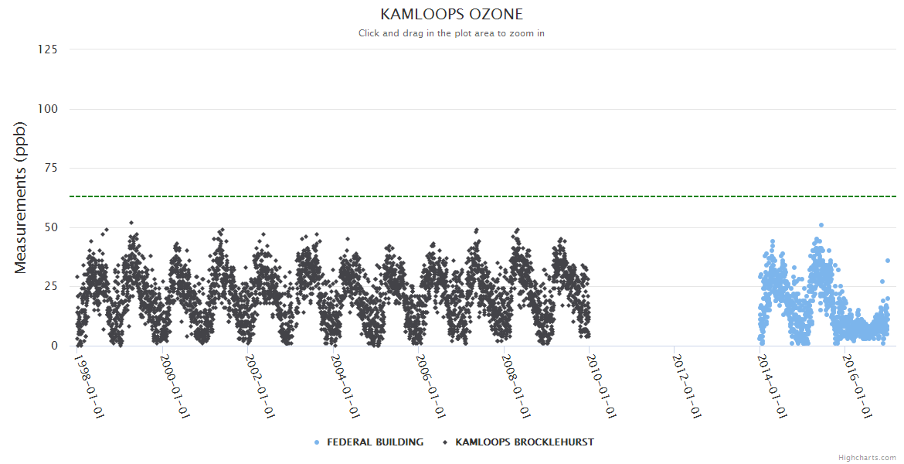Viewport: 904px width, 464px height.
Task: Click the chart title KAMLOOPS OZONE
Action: (x=452, y=14)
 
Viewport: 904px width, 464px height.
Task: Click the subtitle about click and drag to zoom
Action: (x=452, y=33)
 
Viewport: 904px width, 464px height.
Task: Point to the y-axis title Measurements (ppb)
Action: (x=21, y=197)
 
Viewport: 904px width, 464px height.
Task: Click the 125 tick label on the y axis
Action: (x=47, y=49)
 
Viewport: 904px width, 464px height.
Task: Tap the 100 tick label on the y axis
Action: (x=47, y=109)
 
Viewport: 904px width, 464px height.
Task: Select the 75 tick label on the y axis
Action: (x=50, y=168)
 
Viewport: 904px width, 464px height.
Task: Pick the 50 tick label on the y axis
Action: (x=50, y=227)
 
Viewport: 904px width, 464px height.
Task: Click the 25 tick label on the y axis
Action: (x=50, y=287)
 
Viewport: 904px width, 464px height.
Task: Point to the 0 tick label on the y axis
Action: (x=53, y=346)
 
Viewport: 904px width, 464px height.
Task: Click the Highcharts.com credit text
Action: (x=867, y=458)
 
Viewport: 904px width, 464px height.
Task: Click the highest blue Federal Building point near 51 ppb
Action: (x=821, y=225)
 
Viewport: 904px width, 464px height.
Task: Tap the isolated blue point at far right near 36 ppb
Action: (x=888, y=261)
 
